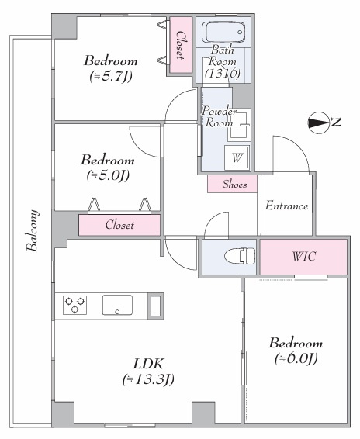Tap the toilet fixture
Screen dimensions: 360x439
tap(240, 256)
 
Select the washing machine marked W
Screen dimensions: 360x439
tap(237, 157)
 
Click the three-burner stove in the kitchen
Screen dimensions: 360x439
tap(74, 305)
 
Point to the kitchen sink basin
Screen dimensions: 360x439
tap(117, 305)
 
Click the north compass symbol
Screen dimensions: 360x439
tap(319, 123)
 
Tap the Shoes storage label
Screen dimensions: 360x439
tap(235, 185)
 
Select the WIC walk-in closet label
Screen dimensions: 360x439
tap(304, 256)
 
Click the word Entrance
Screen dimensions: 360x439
tap(286, 206)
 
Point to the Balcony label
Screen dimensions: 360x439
tap(33, 230)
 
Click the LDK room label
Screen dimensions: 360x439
tap(148, 364)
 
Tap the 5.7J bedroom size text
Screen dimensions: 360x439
tap(111, 76)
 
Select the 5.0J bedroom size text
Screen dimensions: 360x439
tap(108, 175)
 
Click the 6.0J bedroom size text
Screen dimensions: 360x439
tap(296, 358)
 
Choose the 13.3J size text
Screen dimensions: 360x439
tap(148, 379)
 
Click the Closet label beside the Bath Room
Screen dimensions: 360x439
tap(180, 45)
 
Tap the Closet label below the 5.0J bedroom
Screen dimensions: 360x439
tap(119, 225)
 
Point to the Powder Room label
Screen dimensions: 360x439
tap(219, 117)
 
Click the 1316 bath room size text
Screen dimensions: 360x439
tap(223, 74)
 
